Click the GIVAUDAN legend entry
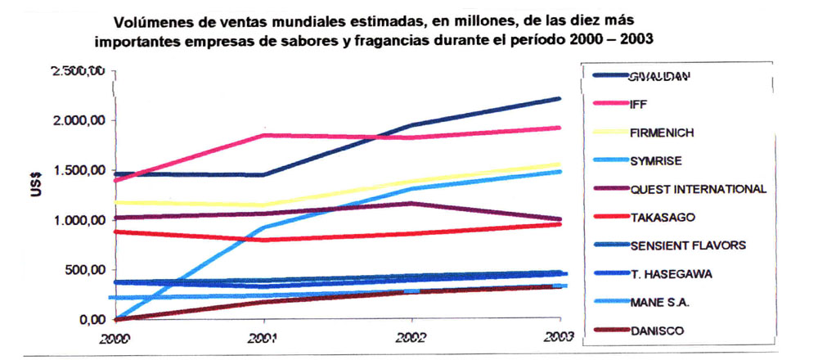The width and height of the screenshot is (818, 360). [x=659, y=77]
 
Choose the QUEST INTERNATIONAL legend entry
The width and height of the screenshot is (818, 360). [x=697, y=189]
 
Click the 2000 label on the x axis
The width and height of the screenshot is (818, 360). [x=118, y=336]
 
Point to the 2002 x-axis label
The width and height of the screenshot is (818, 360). [x=410, y=336]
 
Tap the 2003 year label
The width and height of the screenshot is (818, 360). [x=558, y=336]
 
